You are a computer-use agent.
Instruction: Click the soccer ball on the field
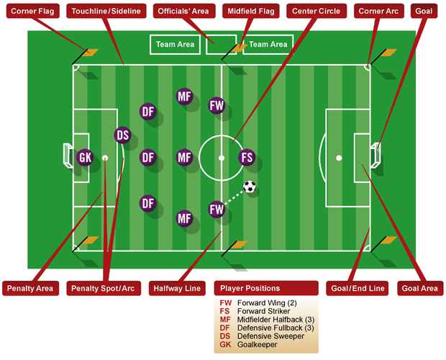pyautogui.click(x=250, y=186)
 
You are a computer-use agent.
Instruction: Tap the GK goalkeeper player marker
pyautogui.click(x=85, y=157)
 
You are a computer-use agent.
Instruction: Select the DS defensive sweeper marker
pyautogui.click(x=122, y=135)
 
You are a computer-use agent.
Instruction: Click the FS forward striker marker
pyautogui.click(x=247, y=157)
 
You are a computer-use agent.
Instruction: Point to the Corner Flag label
pyautogui.click(x=32, y=11)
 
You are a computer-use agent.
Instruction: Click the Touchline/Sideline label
pyautogui.click(x=106, y=11)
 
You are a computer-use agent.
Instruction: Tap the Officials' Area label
pyautogui.click(x=183, y=11)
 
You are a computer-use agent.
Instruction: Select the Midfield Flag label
pyautogui.click(x=251, y=11)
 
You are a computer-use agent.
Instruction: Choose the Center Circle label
pyautogui.click(x=317, y=11)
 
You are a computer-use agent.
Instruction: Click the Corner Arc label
pyautogui.click(x=378, y=11)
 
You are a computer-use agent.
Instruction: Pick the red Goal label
pyautogui.click(x=424, y=11)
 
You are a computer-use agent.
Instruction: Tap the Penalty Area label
pyautogui.click(x=30, y=288)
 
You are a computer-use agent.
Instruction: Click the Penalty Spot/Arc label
pyautogui.click(x=104, y=288)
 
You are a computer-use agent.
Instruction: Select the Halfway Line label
pyautogui.click(x=177, y=288)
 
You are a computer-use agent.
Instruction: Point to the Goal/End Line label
pyautogui.click(x=358, y=288)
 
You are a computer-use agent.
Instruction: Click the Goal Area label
pyautogui.click(x=420, y=288)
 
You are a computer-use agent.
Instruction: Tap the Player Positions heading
pyautogui.click(x=250, y=288)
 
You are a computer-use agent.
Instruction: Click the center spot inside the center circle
pyautogui.click(x=222, y=158)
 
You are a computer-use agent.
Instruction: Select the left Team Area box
pyautogui.click(x=176, y=45)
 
